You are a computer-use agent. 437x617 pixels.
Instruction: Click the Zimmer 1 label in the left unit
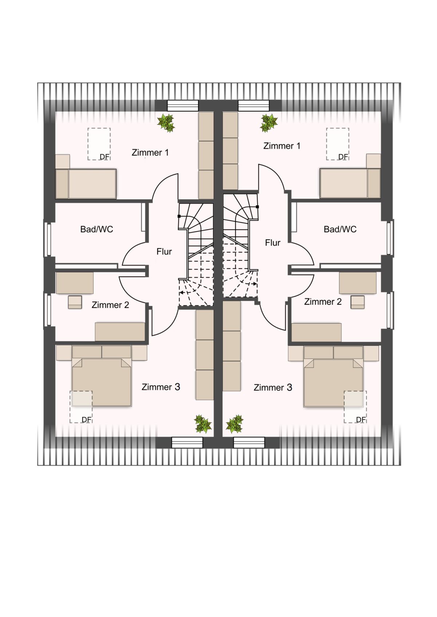(150, 152)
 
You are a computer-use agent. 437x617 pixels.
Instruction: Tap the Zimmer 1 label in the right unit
(282, 146)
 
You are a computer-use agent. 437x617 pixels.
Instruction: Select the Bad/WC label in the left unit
(97, 229)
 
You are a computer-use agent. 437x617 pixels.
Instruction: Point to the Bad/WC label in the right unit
(340, 229)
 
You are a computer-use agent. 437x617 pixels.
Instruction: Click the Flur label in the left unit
(164, 252)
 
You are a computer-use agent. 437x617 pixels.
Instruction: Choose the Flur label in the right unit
(272, 243)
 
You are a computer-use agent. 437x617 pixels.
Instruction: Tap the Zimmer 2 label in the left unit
(110, 305)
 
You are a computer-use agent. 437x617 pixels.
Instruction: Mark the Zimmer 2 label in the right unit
(323, 302)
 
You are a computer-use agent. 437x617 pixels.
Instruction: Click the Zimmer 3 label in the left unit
(161, 387)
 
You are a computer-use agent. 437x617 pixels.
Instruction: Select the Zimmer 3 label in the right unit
(273, 388)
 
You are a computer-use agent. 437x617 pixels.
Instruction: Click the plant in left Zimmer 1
(166, 123)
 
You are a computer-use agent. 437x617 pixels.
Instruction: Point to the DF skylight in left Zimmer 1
(99, 144)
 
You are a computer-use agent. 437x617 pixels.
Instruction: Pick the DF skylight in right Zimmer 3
(355, 407)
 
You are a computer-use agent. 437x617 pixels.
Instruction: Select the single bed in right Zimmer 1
(350, 183)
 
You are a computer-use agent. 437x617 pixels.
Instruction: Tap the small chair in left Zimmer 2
(75, 302)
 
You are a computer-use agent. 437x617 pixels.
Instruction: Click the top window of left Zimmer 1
(183, 105)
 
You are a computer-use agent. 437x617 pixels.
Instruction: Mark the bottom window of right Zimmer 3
(249, 442)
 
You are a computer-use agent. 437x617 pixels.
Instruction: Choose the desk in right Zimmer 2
(358, 283)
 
